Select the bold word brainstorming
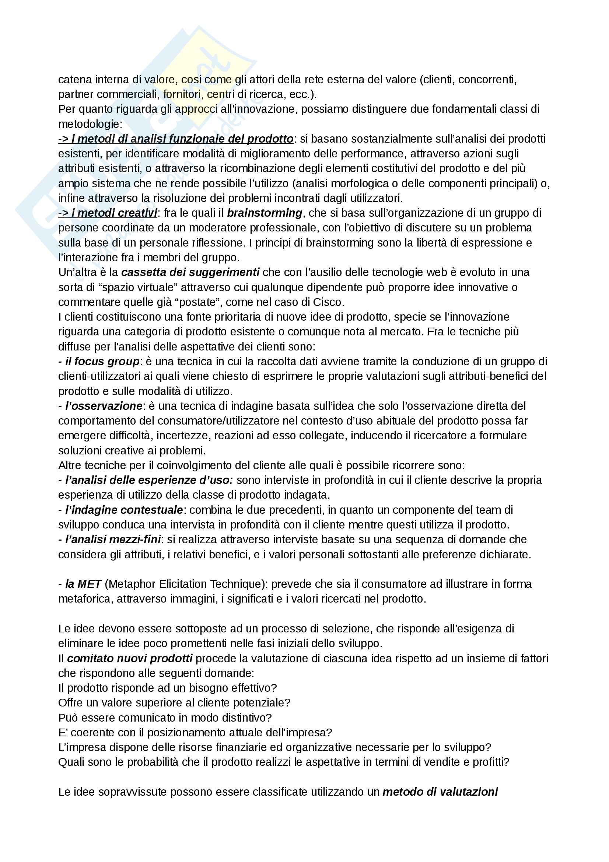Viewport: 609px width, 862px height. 265,213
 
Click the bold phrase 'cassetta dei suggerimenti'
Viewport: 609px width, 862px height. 190,272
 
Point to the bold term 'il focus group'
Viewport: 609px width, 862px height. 99,362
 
